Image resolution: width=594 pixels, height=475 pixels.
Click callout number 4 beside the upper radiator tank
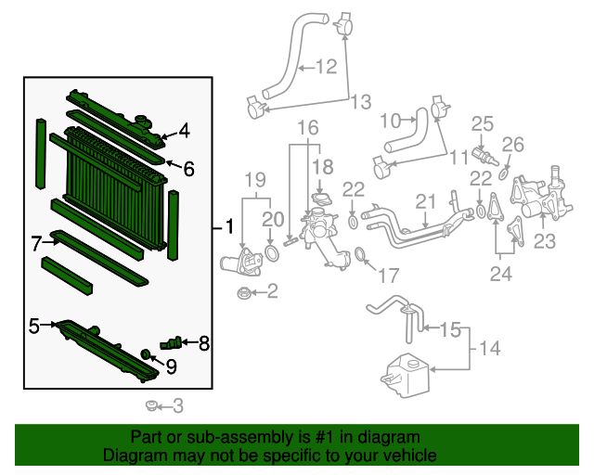pyautogui.click(x=184, y=132)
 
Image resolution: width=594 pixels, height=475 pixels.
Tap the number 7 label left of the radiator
pyautogui.click(x=36, y=244)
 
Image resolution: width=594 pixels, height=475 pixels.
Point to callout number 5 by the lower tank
pyautogui.click(x=33, y=326)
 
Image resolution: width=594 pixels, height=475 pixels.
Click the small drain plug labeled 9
pyautogui.click(x=146, y=353)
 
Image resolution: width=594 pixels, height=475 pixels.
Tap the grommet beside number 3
pyautogui.click(x=151, y=405)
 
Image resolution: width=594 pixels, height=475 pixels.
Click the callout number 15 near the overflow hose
pyautogui.click(x=449, y=328)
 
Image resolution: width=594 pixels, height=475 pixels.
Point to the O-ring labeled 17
pyautogui.click(x=360, y=256)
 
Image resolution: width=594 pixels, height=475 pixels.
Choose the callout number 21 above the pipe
pyautogui.click(x=425, y=201)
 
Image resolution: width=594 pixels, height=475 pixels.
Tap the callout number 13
pyautogui.click(x=359, y=100)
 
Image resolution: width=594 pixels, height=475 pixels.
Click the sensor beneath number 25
pyautogui.click(x=482, y=153)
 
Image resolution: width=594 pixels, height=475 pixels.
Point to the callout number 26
pyautogui.click(x=513, y=145)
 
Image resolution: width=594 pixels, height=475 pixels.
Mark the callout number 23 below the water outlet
pyautogui.click(x=544, y=242)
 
